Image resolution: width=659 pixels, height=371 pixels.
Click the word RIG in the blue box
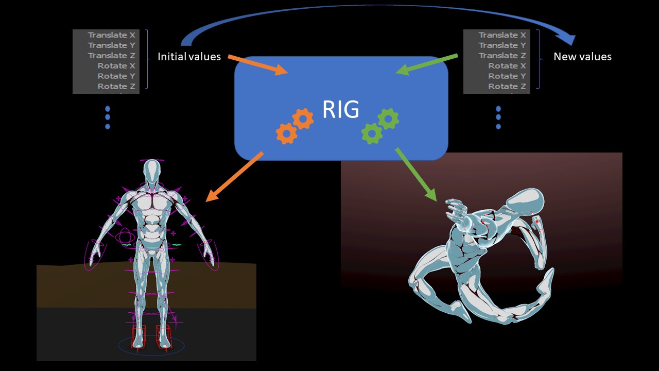pos(340,109)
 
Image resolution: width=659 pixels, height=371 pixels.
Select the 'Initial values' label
pos(189,57)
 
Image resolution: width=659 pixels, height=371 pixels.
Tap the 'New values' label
pos(582,57)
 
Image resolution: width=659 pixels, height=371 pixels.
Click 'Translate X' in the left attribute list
pos(111,35)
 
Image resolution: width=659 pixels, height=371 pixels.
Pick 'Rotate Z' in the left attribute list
pos(116,86)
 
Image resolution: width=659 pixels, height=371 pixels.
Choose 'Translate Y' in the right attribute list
pos(502,45)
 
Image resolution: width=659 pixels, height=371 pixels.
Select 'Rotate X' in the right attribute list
pos(507,66)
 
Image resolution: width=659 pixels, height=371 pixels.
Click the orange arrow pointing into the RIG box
pos(257,64)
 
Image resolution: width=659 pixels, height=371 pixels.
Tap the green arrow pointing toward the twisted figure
pos(416,174)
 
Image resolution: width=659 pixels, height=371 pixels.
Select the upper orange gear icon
pos(303,119)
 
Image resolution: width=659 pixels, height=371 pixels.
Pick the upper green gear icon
pos(388,119)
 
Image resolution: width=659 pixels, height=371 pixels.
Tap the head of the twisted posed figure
pos(525,201)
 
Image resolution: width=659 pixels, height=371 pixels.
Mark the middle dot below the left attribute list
pos(108,117)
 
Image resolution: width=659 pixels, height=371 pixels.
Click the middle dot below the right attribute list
pos(498,117)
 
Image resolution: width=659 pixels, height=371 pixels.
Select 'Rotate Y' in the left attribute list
pos(116,76)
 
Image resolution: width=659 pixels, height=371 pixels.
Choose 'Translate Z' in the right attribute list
pos(502,56)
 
